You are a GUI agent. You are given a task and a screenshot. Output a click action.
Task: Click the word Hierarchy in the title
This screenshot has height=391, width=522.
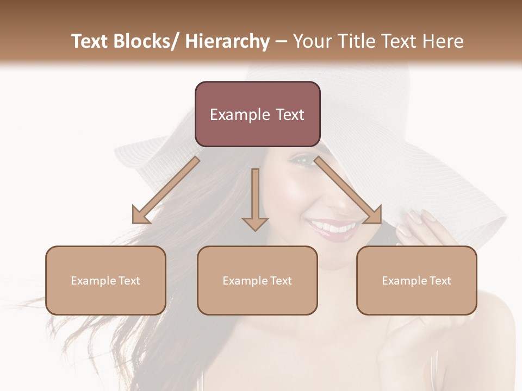(227, 42)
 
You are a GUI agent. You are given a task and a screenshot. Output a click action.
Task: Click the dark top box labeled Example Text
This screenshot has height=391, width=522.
(257, 114)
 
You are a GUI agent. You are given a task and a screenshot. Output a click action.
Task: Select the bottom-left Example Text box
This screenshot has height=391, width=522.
(105, 280)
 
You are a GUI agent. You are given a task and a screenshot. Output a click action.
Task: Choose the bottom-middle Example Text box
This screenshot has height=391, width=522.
(257, 280)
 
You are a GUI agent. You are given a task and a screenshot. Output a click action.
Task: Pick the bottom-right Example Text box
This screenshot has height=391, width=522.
(417, 280)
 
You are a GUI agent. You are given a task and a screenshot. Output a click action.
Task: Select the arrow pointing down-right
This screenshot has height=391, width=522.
(348, 191)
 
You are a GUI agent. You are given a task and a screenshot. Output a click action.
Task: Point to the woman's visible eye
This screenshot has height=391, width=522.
(306, 160)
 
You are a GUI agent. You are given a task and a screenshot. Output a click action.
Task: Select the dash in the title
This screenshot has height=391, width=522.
(281, 42)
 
